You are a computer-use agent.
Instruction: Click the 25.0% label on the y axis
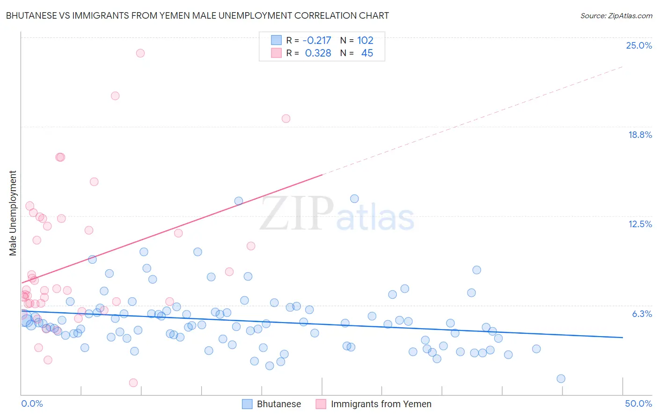click(639, 45)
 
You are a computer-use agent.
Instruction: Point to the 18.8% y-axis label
click(640, 135)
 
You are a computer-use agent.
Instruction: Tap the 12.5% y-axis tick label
click(640, 224)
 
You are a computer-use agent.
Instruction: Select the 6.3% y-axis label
click(642, 314)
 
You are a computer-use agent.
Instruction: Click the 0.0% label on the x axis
click(32, 403)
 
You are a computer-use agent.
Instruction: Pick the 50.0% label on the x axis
click(638, 403)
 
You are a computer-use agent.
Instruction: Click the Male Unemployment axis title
click(13, 213)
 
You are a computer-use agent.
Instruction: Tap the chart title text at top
click(197, 15)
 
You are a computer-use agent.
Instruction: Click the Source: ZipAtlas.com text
click(616, 15)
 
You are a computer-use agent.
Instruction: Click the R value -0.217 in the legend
click(317, 40)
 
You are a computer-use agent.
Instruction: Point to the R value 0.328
click(318, 53)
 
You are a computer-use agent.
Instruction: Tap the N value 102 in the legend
click(365, 40)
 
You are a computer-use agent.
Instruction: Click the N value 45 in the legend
click(367, 53)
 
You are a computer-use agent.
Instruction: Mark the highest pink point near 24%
click(140, 53)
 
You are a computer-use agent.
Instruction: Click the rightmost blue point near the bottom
click(561, 379)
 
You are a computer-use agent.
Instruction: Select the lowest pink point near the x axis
click(133, 383)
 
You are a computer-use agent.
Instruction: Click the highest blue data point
click(354, 199)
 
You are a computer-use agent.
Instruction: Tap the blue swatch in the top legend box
click(277, 40)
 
